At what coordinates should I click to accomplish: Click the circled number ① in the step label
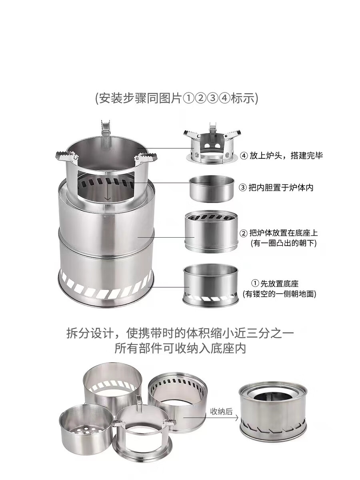coord(255,284)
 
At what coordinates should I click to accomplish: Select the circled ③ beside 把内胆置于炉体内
coord(243,187)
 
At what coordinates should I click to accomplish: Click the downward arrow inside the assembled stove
coord(107,195)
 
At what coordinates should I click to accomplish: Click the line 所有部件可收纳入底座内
coord(180,348)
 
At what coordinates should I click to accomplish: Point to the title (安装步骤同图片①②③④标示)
coord(176,98)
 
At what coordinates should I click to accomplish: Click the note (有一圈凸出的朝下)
coord(284,243)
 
